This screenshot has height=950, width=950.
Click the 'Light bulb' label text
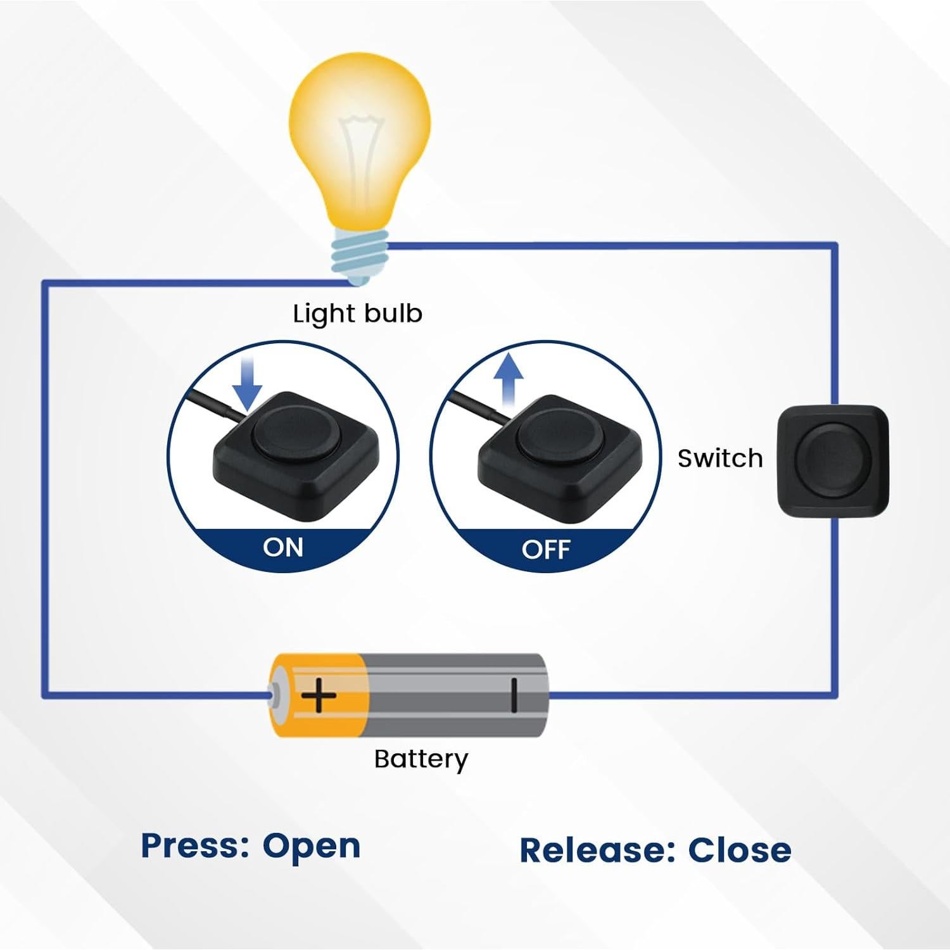tap(357, 313)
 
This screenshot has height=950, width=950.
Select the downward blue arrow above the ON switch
tap(247, 386)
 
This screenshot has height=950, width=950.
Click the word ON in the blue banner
tap(283, 547)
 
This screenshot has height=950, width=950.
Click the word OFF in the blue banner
tap(546, 549)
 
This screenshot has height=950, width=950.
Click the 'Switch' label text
tap(720, 459)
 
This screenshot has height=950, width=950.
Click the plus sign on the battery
tap(318, 696)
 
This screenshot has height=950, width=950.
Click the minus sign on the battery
tap(514, 695)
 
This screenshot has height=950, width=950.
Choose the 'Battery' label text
tap(421, 759)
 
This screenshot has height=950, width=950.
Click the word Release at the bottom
tap(592, 851)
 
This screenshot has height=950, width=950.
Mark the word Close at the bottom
tap(739, 851)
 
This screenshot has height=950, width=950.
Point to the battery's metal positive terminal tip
tap(274, 695)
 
